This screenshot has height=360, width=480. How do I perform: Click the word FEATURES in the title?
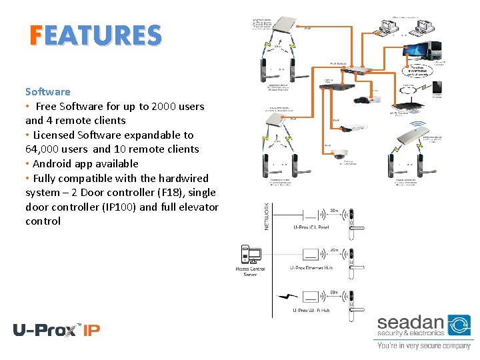(95, 35)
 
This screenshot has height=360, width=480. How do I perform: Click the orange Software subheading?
(47, 91)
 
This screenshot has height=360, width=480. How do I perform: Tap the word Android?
(52, 163)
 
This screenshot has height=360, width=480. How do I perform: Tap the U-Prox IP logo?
(56, 329)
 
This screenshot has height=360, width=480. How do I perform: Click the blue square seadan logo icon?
(459, 326)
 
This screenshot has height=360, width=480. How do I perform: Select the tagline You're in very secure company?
(423, 346)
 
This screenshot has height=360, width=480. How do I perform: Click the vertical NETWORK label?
(267, 217)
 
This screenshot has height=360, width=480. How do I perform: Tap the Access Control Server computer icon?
(251, 255)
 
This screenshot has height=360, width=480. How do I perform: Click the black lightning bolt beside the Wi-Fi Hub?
(287, 296)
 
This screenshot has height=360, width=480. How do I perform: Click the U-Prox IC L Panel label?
(311, 227)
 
